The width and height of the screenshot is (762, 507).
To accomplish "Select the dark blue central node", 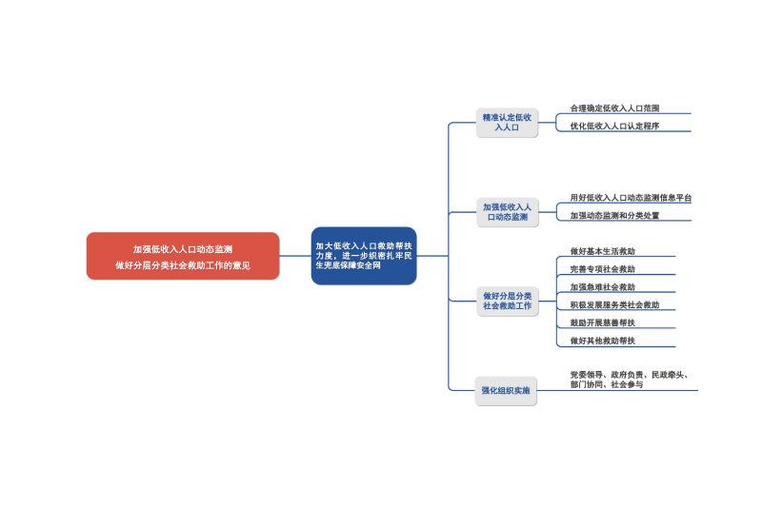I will click(x=364, y=256).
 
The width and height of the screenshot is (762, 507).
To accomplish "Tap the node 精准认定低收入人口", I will click(x=507, y=122).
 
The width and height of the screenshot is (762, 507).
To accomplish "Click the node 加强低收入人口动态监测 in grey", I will click(x=507, y=211).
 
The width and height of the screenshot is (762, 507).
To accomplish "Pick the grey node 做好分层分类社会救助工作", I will click(x=507, y=301).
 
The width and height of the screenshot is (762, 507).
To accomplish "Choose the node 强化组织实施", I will click(x=507, y=390).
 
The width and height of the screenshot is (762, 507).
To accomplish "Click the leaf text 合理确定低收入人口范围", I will click(x=614, y=108).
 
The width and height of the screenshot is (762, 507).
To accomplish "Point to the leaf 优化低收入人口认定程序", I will click(x=614, y=126).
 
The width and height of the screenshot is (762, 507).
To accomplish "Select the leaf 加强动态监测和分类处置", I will click(x=614, y=216).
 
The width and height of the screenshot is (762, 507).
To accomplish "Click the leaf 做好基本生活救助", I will click(x=602, y=251).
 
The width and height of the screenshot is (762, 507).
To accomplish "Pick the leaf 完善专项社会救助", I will click(x=602, y=269).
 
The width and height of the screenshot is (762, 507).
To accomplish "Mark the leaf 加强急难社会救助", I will click(x=602, y=287).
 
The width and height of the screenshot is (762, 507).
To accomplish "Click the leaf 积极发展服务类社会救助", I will click(x=614, y=305).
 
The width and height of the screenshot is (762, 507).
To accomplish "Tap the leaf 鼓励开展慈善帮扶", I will click(x=602, y=323).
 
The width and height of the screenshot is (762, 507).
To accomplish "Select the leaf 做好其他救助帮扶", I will click(x=602, y=341).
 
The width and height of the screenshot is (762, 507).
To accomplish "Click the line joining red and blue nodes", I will click(x=295, y=256).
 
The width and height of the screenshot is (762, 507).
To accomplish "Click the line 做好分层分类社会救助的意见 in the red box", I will click(x=183, y=265).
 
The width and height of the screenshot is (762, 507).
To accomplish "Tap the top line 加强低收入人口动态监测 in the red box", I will click(x=183, y=248).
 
